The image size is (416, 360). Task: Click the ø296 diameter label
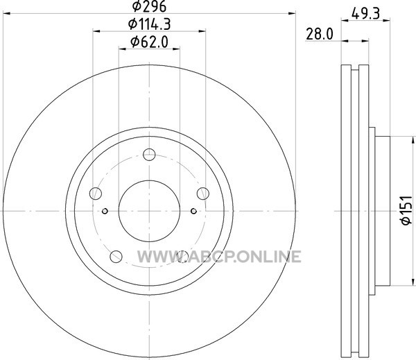(x=149, y=6)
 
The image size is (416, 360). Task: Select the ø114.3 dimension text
(x=149, y=24)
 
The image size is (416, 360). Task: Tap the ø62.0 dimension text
(x=149, y=42)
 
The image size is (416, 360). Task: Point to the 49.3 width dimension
(x=365, y=13)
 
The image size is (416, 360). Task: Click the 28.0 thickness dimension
(x=319, y=34)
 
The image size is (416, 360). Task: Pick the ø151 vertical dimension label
(x=407, y=211)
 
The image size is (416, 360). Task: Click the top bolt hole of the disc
(x=149, y=155)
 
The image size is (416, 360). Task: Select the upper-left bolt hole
(x=96, y=194)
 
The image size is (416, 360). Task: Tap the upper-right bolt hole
(x=203, y=194)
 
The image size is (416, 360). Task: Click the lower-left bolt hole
(x=116, y=257)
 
